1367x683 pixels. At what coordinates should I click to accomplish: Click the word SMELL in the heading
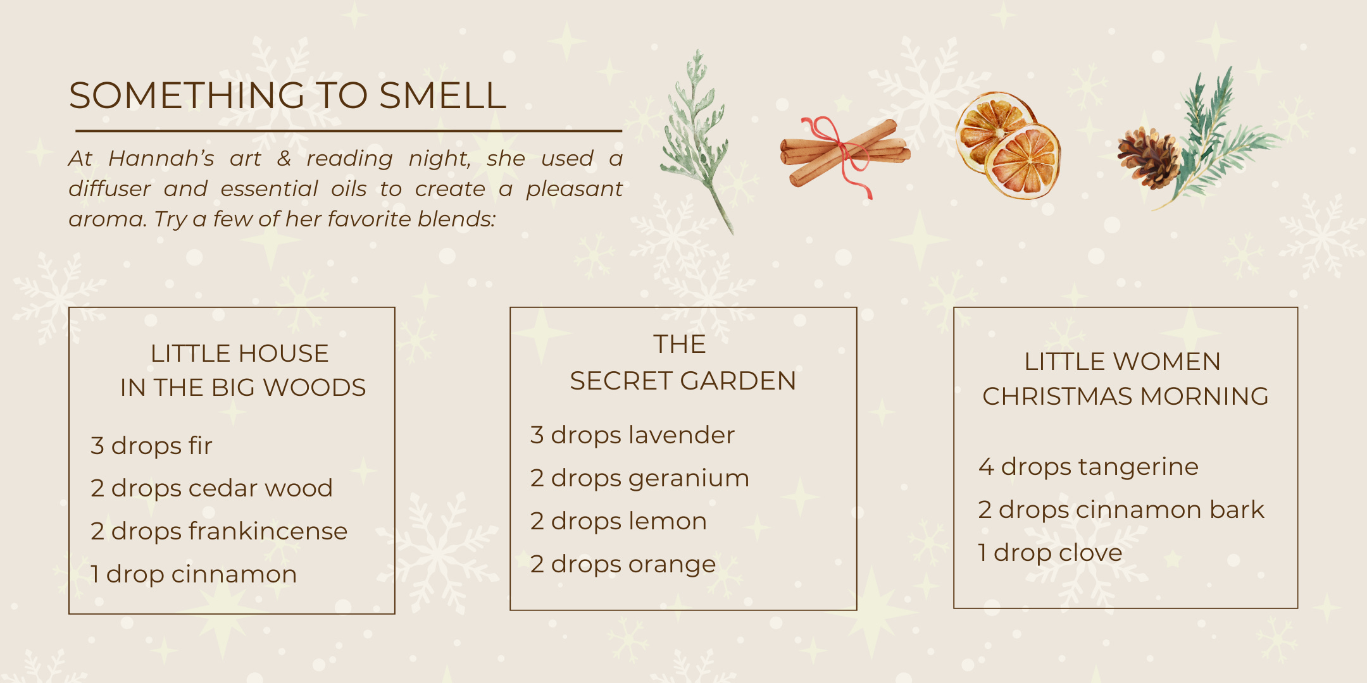442,95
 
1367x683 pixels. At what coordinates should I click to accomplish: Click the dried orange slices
1008,145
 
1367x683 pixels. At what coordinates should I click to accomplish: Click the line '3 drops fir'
151,446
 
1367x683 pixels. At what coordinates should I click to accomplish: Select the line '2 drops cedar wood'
211,488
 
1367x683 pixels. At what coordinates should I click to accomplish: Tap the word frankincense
268,531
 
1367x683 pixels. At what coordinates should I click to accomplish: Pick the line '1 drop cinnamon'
194,574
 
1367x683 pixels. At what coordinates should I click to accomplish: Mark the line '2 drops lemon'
618,521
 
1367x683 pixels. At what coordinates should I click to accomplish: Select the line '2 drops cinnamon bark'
1121,510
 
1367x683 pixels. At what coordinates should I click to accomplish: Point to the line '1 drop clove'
1050,553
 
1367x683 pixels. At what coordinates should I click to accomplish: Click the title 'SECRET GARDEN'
683,381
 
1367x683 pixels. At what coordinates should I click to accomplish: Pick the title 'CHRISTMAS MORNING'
1125,397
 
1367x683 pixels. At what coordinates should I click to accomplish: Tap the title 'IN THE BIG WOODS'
243,388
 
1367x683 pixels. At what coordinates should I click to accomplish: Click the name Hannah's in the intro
161,158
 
